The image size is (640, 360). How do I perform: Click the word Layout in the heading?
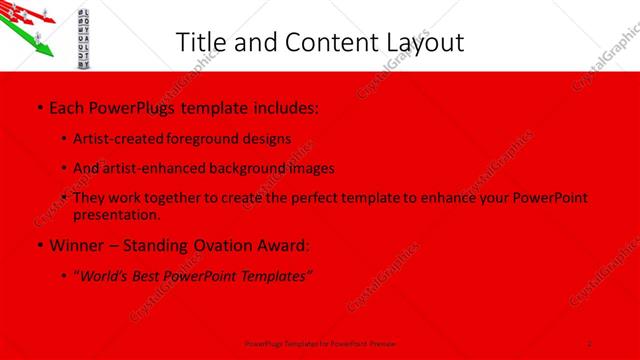click(418, 42)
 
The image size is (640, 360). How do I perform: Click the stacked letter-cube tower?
click(84, 34)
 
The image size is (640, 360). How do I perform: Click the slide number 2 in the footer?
click(591, 343)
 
